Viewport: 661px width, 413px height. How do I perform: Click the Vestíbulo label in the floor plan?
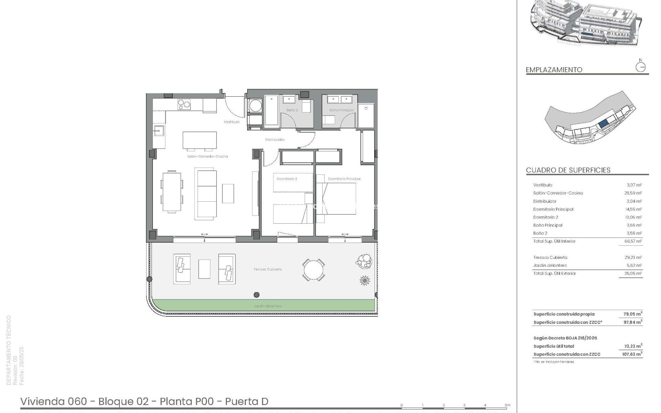(231, 122)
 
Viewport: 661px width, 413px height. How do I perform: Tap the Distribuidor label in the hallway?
(275, 140)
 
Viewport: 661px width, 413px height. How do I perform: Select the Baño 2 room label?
(292, 110)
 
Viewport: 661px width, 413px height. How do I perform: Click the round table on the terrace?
(313, 269)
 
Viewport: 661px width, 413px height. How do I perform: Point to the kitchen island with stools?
(200, 140)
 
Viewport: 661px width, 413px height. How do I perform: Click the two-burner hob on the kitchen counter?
(184, 104)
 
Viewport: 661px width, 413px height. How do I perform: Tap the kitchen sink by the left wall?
(159, 130)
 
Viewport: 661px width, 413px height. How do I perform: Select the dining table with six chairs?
(171, 192)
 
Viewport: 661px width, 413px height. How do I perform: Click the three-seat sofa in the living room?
(206, 193)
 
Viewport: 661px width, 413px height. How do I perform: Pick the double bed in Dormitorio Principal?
(336, 199)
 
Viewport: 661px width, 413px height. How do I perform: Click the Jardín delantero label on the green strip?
(267, 306)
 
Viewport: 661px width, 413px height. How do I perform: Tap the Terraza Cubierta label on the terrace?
(267, 269)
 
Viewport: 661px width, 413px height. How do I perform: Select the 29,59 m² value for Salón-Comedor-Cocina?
(633, 193)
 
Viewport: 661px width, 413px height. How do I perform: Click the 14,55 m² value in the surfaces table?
(633, 209)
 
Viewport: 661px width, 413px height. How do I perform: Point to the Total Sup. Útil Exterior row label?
(554, 273)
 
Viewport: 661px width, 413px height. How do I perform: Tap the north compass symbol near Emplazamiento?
(640, 66)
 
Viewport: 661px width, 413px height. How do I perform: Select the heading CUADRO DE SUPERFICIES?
(568, 170)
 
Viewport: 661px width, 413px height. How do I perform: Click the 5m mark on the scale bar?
(507, 405)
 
